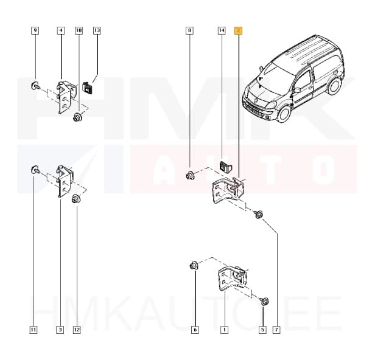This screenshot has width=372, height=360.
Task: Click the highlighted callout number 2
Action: click(239, 30)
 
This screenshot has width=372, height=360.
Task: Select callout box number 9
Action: click(35, 30)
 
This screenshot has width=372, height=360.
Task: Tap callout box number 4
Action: click(61, 30)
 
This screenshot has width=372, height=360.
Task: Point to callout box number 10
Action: click(79, 30)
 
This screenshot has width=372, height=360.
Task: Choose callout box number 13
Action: click(97, 30)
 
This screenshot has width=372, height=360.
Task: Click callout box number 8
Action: click(190, 30)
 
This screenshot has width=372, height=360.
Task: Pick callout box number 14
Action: click(221, 30)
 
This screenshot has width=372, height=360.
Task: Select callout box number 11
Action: click(33, 330)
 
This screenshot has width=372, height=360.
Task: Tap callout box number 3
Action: click(60, 330)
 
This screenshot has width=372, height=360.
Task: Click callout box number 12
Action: click(76, 330)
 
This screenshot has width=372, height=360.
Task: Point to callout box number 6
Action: click(195, 330)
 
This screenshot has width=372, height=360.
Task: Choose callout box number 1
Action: click(224, 330)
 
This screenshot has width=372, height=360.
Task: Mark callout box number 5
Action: click(262, 330)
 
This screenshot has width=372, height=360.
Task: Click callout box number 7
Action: click(276, 330)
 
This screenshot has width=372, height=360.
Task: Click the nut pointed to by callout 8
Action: click(190, 176)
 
